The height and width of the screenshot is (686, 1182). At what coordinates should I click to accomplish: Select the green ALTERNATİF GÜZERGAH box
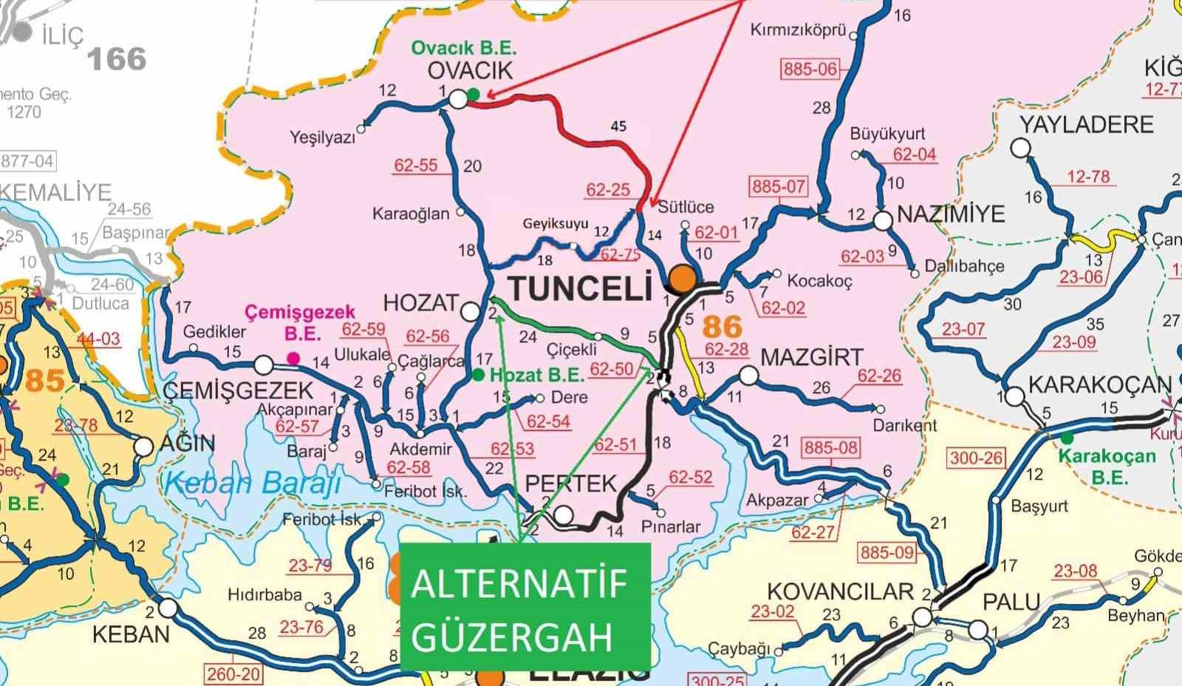coord(525,605)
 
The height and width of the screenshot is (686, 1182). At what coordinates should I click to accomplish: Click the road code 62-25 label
coord(608,190)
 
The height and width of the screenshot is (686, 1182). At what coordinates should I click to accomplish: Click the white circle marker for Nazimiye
coord(883,220)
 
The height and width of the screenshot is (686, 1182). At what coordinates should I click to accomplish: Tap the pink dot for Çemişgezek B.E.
coord(293,359)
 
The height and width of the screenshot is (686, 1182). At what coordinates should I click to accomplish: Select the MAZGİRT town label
coord(811,358)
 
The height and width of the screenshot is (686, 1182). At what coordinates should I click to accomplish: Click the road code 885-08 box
coord(831,447)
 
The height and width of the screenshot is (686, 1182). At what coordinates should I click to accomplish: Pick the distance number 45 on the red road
coord(618,126)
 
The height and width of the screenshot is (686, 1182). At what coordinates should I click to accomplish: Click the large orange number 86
coord(721,326)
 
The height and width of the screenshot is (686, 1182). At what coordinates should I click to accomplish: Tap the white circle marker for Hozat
coord(470,312)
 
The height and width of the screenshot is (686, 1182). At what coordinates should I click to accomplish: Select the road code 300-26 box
coord(976,458)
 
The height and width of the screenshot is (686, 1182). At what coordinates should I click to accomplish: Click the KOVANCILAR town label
coord(841,591)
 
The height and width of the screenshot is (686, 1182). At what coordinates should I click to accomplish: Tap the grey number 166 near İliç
coord(117,59)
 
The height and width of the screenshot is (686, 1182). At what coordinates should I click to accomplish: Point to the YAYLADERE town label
coord(1086,123)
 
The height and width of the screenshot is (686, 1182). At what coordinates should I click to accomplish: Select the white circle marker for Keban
coord(168,608)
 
